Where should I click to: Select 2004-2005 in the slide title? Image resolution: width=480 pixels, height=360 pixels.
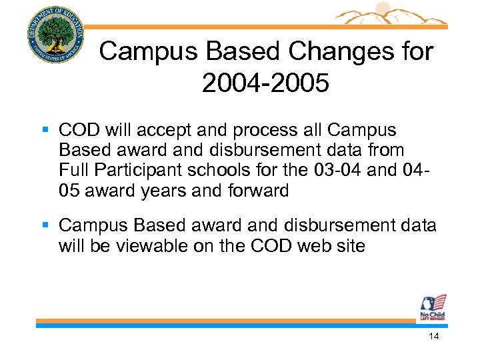(265, 84)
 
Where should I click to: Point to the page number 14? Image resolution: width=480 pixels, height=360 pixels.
(434, 337)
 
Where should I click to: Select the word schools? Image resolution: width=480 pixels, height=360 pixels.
(221, 171)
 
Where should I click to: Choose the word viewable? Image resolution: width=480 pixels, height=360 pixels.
(149, 246)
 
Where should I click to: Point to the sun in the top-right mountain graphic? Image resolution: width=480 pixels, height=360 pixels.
(382, 9)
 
